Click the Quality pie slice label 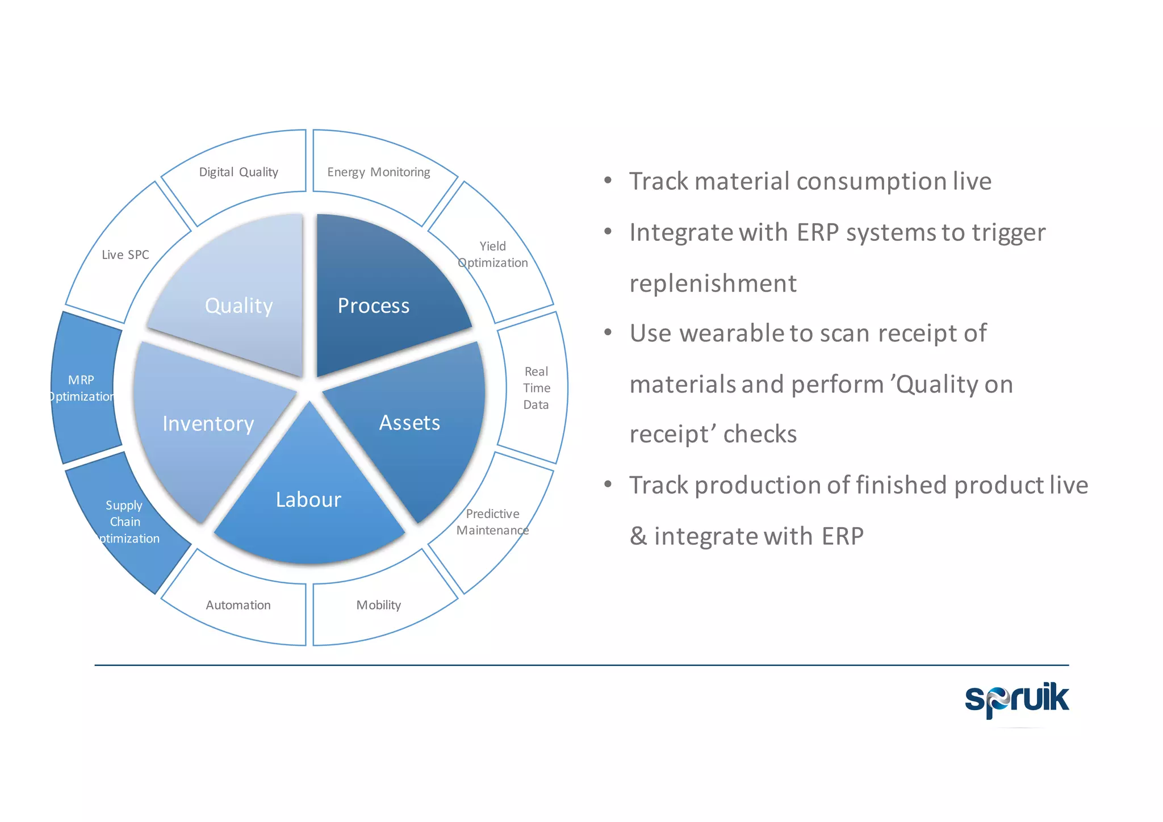point(239,306)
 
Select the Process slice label point(373,306)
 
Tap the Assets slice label point(409,423)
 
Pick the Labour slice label point(308,499)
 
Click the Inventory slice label point(208,424)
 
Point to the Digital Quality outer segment point(239,172)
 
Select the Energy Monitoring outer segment point(379,172)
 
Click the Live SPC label point(125,254)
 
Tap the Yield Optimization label point(492,254)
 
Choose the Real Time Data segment point(536,388)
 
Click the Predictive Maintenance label point(492,521)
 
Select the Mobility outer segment point(379,605)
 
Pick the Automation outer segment point(239,605)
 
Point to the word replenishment point(713,283)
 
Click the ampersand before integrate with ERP point(638,536)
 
